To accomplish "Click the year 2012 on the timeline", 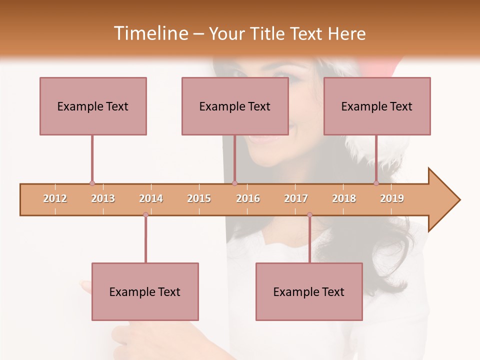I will (x=55, y=199).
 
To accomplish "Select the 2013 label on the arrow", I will (x=103, y=199).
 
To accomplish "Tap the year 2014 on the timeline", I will (x=151, y=199).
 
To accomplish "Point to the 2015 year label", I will (x=199, y=199).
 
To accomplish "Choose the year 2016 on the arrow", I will (x=248, y=199).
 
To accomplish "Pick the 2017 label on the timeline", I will (x=296, y=199).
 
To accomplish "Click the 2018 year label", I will (x=344, y=199).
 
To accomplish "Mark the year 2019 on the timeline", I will (x=392, y=199).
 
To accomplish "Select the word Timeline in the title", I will (x=150, y=33).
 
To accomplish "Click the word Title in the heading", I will (x=268, y=33).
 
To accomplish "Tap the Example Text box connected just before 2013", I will (x=93, y=106).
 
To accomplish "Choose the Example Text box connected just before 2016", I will (x=235, y=106).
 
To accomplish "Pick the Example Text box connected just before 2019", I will (x=377, y=106).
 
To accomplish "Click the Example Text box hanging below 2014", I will (x=145, y=291).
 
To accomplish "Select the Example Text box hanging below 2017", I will (x=309, y=291).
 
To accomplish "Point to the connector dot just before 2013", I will (x=92, y=183).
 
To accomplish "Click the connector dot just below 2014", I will (x=145, y=215).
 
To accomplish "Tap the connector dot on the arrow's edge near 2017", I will (x=309, y=215).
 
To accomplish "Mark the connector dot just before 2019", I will (x=376, y=183).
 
